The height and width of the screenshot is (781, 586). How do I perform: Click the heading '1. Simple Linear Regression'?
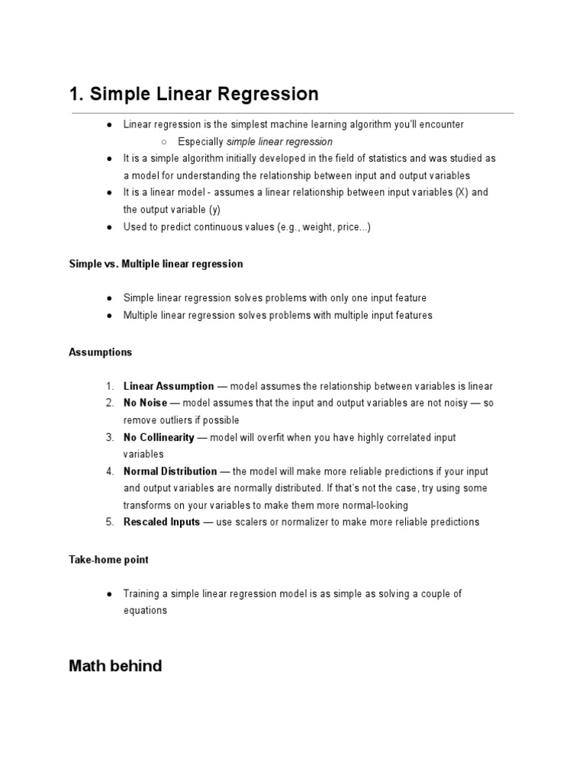tap(193, 95)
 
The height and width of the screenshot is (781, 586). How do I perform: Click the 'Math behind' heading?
tap(115, 666)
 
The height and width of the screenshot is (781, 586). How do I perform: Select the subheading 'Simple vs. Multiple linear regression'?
tap(156, 264)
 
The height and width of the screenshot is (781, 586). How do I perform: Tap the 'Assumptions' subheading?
tap(100, 352)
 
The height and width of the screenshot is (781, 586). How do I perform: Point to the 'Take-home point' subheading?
tap(108, 560)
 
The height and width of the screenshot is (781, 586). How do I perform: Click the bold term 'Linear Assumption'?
tap(169, 387)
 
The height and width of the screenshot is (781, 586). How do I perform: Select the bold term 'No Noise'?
tap(145, 403)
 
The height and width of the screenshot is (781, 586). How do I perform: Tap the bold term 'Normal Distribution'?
tap(170, 471)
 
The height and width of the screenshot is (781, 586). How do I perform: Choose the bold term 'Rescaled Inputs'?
tap(162, 522)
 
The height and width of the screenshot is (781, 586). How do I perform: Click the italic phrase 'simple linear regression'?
tap(279, 142)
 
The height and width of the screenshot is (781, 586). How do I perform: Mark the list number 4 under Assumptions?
tap(110, 471)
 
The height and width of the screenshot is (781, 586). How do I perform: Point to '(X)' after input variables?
tap(462, 192)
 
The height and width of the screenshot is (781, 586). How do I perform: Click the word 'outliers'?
tap(179, 420)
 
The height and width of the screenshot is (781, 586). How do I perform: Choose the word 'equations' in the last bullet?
tap(145, 610)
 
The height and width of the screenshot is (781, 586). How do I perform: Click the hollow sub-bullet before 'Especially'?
tap(164, 142)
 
